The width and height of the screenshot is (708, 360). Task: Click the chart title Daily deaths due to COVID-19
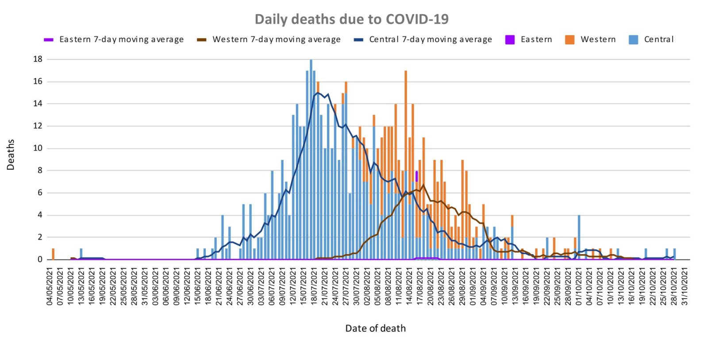(351, 19)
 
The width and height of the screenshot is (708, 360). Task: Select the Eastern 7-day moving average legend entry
(121, 39)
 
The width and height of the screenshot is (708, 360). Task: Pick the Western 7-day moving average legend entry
(276, 39)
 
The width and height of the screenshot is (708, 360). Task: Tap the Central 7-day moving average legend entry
(430, 39)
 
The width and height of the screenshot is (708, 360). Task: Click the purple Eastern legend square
(510, 40)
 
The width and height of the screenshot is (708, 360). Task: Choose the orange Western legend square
(569, 40)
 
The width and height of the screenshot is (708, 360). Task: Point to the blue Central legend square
(633, 40)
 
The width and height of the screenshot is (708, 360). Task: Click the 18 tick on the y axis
(38, 59)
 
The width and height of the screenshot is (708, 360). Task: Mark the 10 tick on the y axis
(38, 148)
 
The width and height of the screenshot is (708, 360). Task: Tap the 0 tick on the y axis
(40, 259)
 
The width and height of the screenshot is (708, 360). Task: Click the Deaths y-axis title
(11, 155)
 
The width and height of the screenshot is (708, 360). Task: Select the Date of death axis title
(375, 328)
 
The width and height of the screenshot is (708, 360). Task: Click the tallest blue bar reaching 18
(311, 159)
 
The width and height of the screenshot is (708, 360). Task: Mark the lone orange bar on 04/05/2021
(53, 254)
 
